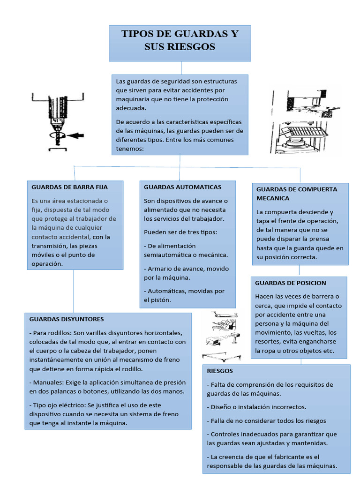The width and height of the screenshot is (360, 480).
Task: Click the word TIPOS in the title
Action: [x=137, y=34]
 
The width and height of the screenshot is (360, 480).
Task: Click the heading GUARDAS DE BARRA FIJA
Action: [x=69, y=187]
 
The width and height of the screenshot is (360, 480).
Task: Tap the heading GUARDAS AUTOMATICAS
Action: [x=182, y=187]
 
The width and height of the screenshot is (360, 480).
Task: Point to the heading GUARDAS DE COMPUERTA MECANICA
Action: [x=296, y=194]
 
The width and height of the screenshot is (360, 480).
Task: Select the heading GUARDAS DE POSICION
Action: [x=290, y=283]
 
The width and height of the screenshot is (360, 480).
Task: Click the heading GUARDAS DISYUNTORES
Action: [x=67, y=319]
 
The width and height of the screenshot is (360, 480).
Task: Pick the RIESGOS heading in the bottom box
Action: [x=220, y=371]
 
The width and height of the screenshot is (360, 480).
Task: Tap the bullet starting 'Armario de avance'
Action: [x=186, y=273]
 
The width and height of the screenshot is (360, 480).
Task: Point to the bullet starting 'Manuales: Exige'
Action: [x=107, y=387]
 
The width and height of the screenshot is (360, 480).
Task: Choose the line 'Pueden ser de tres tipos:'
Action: [x=180, y=232]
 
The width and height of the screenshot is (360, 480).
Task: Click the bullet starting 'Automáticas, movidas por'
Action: [x=184, y=295]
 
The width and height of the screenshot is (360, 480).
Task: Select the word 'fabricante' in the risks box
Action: [x=279, y=457]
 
